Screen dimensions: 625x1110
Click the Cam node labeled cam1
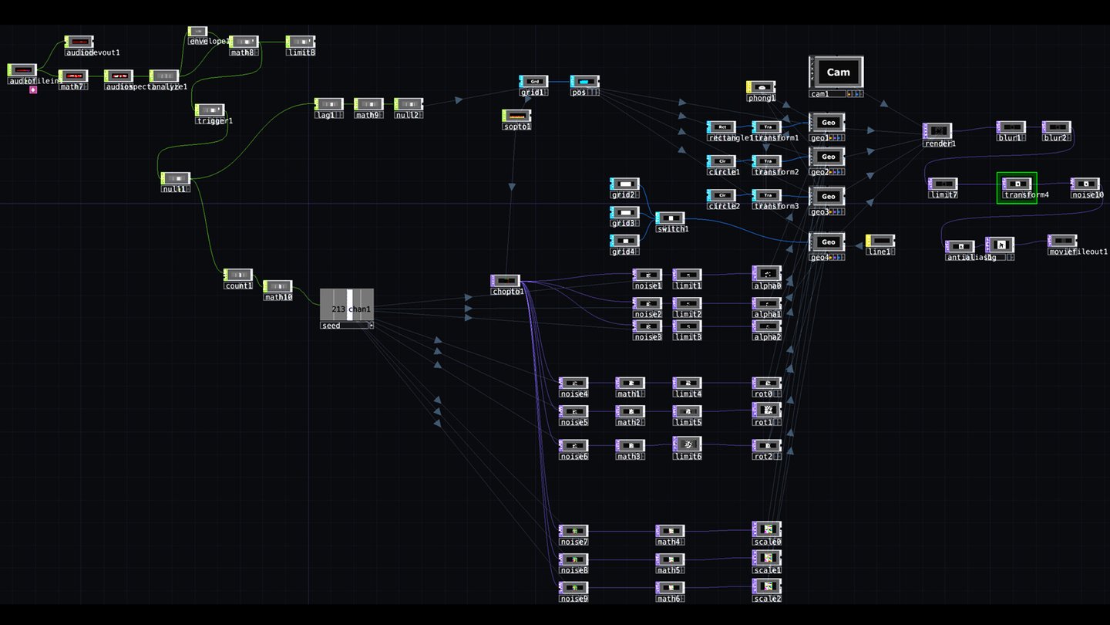pyautogui.click(x=836, y=72)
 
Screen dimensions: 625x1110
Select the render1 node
pyautogui.click(x=937, y=131)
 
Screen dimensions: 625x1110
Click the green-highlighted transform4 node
pyautogui.click(x=1017, y=184)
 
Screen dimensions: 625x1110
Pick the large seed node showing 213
pyautogui.click(x=347, y=305)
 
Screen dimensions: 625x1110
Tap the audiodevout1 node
pyautogui.click(x=79, y=42)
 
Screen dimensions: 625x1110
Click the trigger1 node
pyautogui.click(x=210, y=110)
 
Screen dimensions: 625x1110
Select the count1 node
pyautogui.click(x=238, y=275)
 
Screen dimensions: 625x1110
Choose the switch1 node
pyautogui.click(x=670, y=218)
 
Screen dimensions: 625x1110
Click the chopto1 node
pyautogui.click(x=505, y=281)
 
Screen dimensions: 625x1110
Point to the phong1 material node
pyautogui.click(x=761, y=88)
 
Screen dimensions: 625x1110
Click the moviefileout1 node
pyautogui.click(x=1062, y=242)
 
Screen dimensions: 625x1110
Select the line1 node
pyautogui.click(x=880, y=241)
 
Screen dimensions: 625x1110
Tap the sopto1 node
pyautogui.click(x=516, y=116)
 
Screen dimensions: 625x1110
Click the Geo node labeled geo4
pyautogui.click(x=827, y=242)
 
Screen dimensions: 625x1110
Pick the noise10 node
pyautogui.click(x=1085, y=184)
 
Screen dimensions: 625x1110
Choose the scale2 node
pyautogui.click(x=767, y=587)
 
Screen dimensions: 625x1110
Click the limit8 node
pyautogui.click(x=300, y=42)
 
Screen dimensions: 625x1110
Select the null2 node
pyautogui.click(x=408, y=104)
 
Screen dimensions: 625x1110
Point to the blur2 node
pyautogui.click(x=1057, y=127)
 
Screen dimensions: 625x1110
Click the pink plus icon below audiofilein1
pyautogui.click(x=33, y=90)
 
